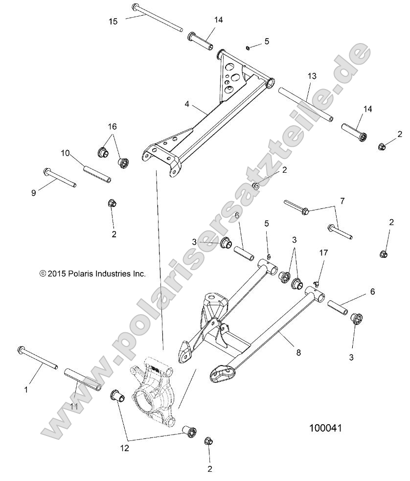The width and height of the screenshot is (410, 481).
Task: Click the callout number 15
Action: click(x=113, y=21)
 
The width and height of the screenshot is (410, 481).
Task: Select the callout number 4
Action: click(x=187, y=104)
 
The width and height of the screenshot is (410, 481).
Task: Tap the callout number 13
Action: click(x=312, y=76)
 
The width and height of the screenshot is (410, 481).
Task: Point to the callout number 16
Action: click(x=113, y=126)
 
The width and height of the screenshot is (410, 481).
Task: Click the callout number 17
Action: click(x=323, y=252)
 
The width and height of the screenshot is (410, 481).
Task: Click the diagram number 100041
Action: click(x=325, y=428)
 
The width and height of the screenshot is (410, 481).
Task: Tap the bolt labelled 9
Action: click(x=60, y=178)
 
